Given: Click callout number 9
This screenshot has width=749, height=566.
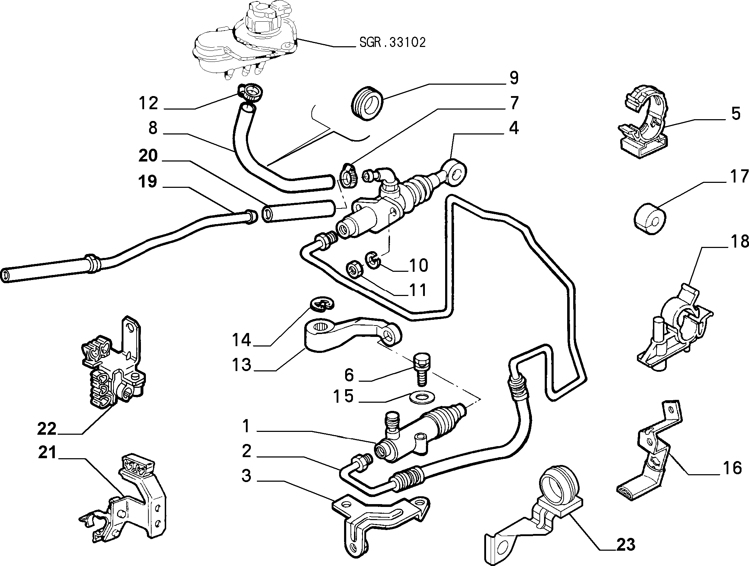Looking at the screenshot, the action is click(x=513, y=78).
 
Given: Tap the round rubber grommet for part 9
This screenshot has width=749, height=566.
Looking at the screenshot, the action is click(x=368, y=101).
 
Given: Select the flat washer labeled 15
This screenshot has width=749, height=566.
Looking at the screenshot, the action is click(x=422, y=397).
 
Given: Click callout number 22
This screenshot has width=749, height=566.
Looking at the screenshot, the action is click(x=47, y=429).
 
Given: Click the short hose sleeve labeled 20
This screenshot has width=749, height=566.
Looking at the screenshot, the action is click(x=298, y=211).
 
